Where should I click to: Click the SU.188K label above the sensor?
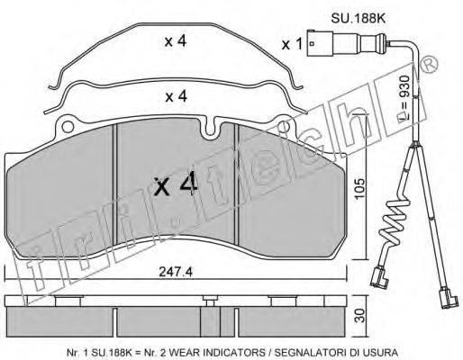pyautogui.click(x=358, y=19)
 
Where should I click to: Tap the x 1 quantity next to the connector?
pyautogui.click(x=292, y=45)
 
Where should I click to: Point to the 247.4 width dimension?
pyautogui.click(x=176, y=272)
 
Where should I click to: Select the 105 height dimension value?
pyautogui.click(x=359, y=188)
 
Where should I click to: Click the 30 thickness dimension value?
pyautogui.click(x=360, y=315)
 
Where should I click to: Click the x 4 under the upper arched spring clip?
pyautogui.click(x=176, y=41)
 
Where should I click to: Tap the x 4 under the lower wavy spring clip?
pyautogui.click(x=177, y=96)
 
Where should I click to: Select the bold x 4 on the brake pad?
pyautogui.click(x=176, y=185)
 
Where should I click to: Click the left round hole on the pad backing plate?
pyautogui.click(x=68, y=127)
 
